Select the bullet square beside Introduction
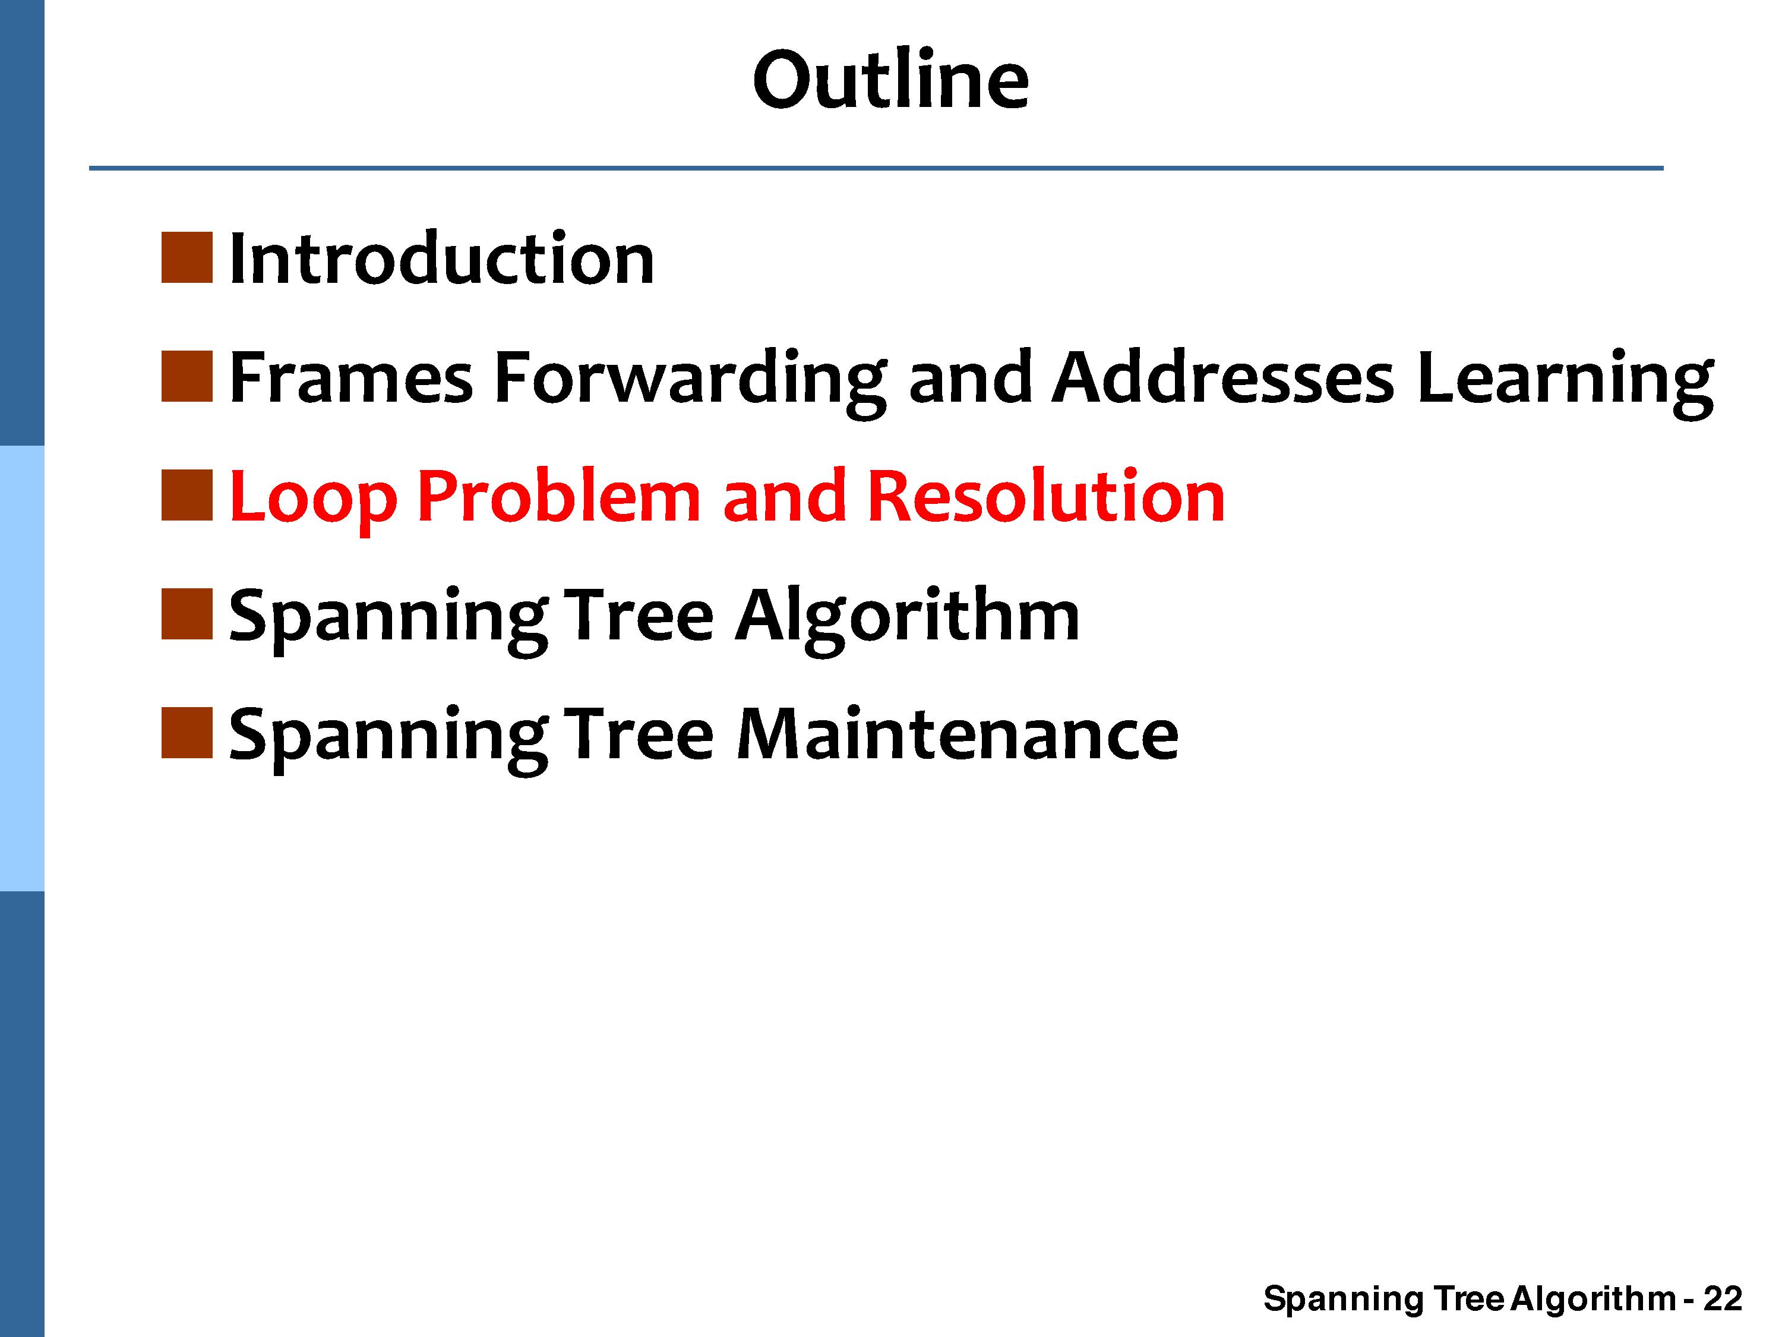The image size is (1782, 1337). tap(187, 258)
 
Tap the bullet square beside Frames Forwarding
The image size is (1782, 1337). tap(187, 376)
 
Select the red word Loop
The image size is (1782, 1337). tap(314, 500)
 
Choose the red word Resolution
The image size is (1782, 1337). tap(1047, 495)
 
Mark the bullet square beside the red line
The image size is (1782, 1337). tap(187, 495)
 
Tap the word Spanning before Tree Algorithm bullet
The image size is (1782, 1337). tap(389, 620)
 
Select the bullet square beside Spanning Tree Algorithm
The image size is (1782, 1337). tap(187, 614)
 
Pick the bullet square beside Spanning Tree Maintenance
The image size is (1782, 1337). tap(187, 733)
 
